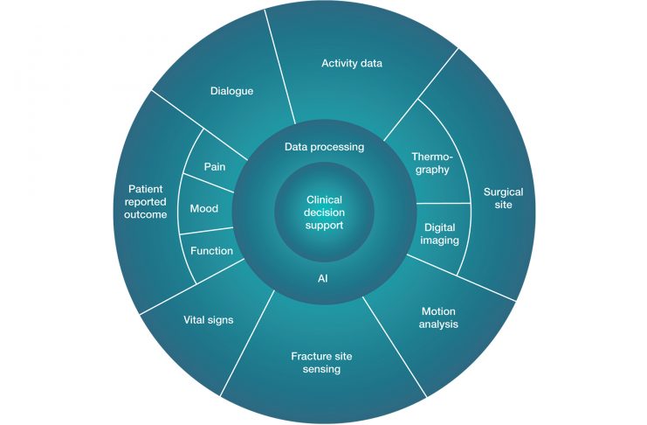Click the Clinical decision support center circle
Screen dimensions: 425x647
324,212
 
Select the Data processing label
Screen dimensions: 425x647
324,147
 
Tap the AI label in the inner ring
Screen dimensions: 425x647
324,279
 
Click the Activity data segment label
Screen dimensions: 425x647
352,63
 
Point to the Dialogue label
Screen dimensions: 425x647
231,90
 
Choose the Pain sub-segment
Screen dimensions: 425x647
215,166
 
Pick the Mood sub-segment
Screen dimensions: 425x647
204,209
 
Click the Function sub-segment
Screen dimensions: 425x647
211,251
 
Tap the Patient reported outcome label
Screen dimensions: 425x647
147,201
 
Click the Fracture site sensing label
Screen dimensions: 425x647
315,362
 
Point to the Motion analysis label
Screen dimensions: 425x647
439,317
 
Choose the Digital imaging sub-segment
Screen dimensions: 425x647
440,233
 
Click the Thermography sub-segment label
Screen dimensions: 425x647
430,163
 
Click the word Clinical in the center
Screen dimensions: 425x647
325,199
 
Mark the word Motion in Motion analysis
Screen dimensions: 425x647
439,310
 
